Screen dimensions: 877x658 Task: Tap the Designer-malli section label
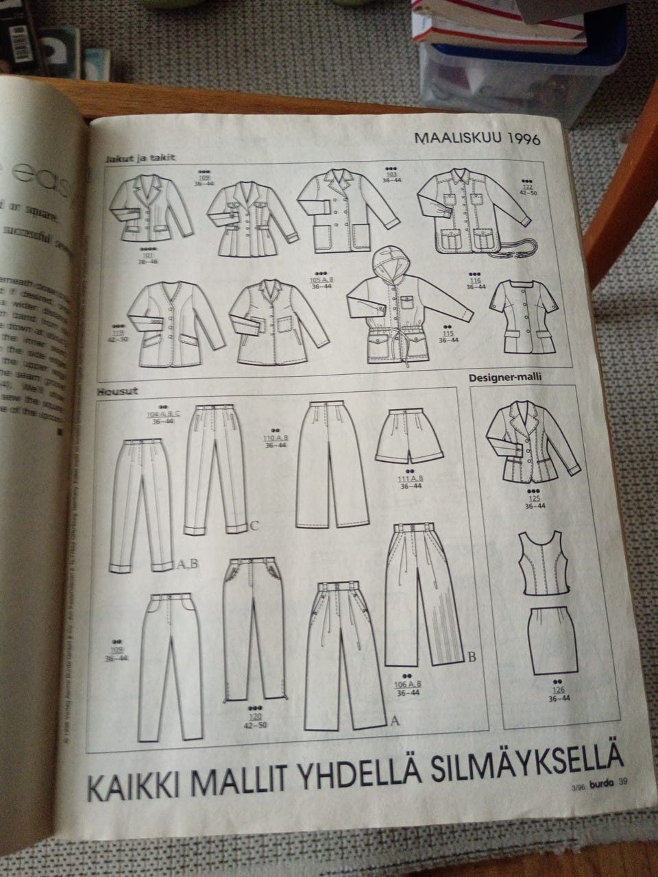503,378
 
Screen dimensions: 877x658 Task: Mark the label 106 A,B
409,684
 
